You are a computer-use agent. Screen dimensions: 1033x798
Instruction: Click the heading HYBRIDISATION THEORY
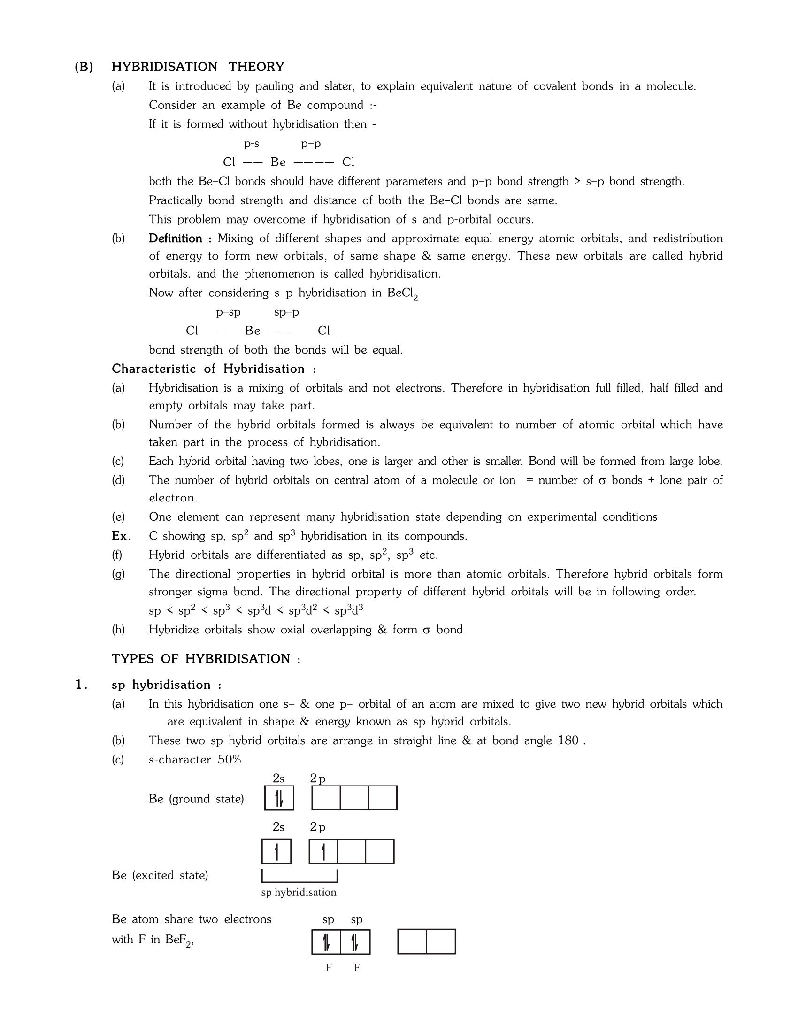pos(198,67)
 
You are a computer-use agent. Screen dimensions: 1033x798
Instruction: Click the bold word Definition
pos(176,239)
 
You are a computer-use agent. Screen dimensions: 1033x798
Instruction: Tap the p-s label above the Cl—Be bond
pos(251,143)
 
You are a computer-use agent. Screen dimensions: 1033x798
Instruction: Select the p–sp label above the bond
pos(228,312)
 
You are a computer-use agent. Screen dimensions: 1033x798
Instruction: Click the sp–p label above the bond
pos(286,312)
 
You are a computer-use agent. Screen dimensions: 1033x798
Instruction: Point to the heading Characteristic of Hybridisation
pos(214,369)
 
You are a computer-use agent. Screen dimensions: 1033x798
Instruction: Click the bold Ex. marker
pos(121,536)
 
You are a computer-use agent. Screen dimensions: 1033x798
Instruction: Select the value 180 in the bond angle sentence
pos(568,740)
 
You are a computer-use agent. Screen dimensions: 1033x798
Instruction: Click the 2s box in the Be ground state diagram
pos(279,798)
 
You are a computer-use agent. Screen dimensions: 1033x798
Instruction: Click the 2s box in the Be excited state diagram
pos(276,851)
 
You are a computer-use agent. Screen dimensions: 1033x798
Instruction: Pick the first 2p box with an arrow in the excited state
pos(323,851)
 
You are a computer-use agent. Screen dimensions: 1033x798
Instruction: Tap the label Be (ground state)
pos(196,799)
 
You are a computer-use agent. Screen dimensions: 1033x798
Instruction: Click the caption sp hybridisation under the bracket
pos(298,893)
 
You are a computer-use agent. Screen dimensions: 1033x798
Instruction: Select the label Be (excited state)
pos(160,876)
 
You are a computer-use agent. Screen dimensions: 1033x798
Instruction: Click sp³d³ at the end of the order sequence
pos(348,610)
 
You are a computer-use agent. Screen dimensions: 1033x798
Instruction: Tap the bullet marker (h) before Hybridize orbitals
pos(118,630)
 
